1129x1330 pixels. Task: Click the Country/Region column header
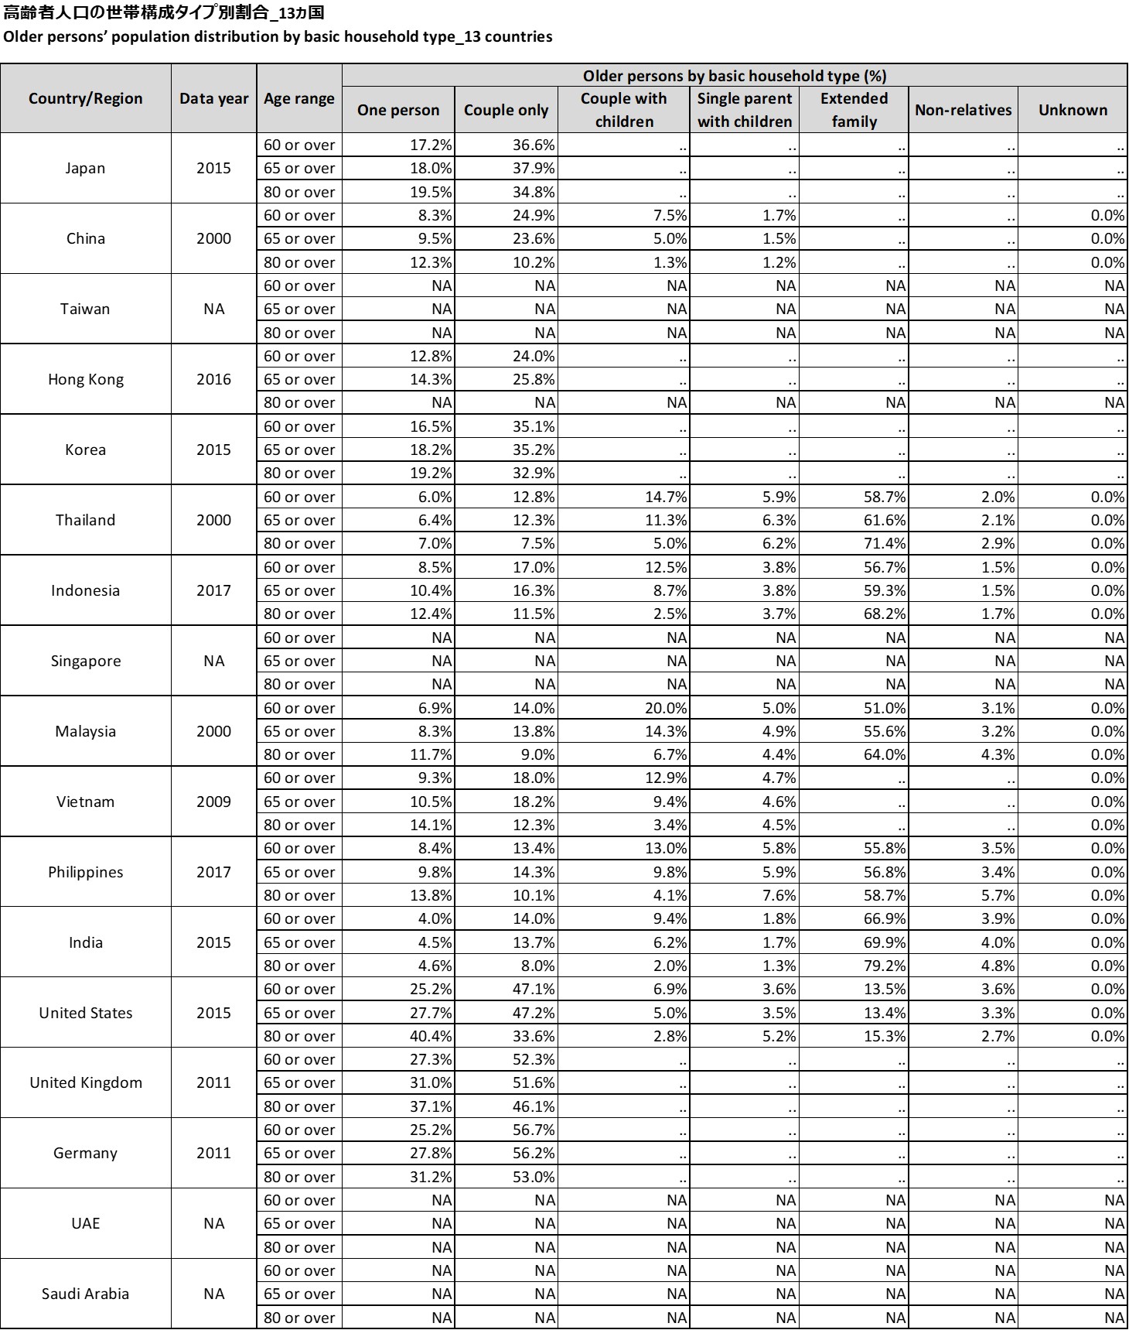click(x=86, y=98)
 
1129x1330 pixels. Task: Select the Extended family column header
click(x=854, y=110)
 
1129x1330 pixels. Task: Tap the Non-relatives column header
click(x=963, y=110)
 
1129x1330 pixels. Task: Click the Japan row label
click(x=85, y=168)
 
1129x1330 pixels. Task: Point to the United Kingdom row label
click(x=86, y=1082)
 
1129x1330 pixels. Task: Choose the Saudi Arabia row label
click(x=85, y=1294)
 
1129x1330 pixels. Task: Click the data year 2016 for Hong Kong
click(x=213, y=379)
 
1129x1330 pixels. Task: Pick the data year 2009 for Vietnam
click(x=213, y=802)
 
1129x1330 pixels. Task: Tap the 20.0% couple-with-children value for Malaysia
click(x=666, y=708)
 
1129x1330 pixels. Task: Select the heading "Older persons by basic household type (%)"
click(x=734, y=76)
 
